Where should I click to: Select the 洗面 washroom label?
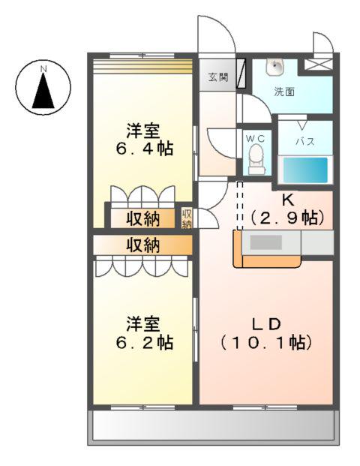coord(283,92)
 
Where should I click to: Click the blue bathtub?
coord(304,170)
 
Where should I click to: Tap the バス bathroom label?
coord(304,141)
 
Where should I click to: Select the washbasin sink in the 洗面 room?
coord(276,67)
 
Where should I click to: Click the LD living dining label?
coord(265,324)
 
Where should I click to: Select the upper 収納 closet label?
coord(142,218)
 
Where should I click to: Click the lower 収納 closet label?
coord(142,245)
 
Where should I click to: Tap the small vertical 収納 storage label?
coord(187,218)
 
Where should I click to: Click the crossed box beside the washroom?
coord(315,65)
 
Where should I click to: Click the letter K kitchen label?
coord(287,200)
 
